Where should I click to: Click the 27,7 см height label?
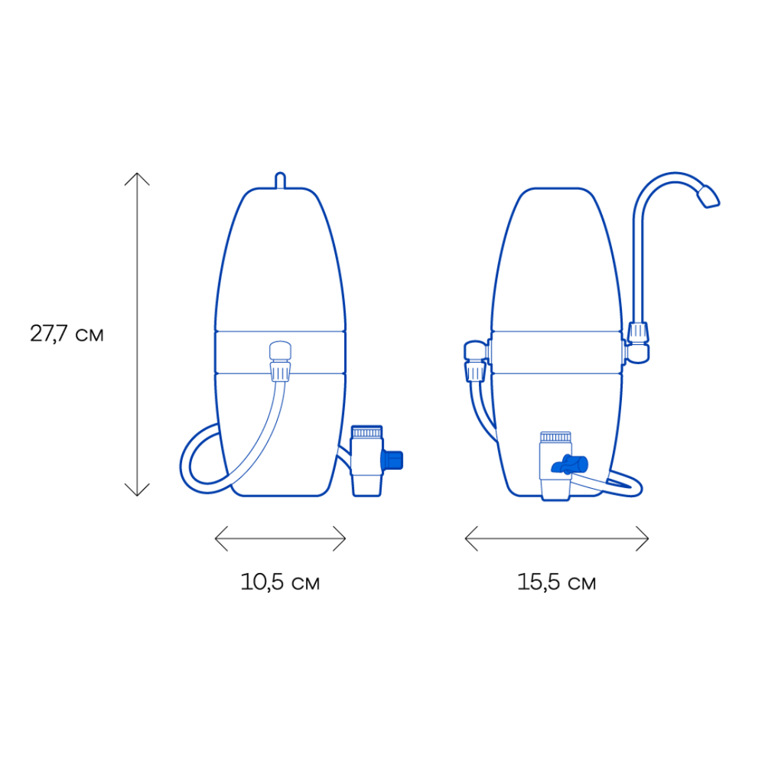tap(67, 334)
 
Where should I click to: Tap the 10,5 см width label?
tap(280, 581)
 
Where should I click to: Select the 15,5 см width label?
tap(557, 581)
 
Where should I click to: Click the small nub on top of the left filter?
tap(280, 180)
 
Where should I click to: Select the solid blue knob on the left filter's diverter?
tap(392, 460)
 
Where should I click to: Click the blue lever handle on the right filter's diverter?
tap(570, 464)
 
